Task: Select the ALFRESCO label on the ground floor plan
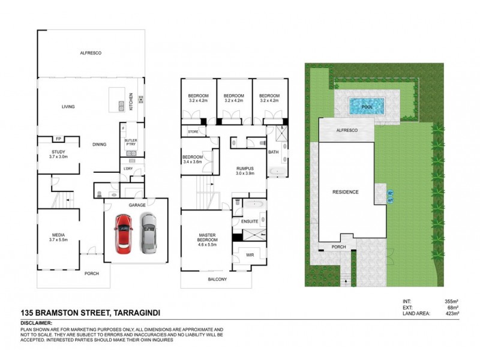[91, 53]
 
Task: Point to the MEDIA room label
[58, 235]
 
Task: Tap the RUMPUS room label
[245, 169]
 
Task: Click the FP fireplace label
[59, 139]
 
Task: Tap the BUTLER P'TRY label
[131, 143]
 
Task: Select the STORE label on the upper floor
[193, 131]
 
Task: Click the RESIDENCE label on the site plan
[346, 192]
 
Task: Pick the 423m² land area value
[452, 313]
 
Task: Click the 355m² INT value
[452, 301]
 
